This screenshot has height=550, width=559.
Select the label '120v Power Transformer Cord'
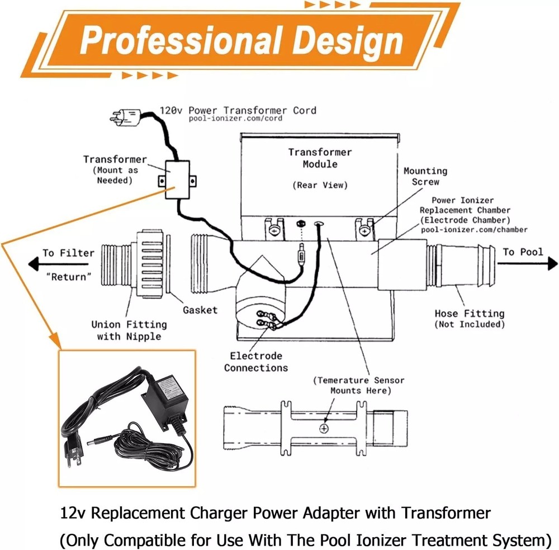pos(238,110)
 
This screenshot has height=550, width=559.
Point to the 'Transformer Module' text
pos(320,158)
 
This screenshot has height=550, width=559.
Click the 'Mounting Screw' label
pos(425,176)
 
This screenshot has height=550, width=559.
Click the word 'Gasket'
pos(200,310)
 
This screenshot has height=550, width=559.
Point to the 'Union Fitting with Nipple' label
pos(129,330)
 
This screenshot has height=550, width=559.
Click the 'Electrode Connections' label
pos(256,362)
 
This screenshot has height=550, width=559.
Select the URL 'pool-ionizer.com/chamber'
pos(473,229)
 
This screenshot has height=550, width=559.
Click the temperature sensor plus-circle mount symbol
pos(324,428)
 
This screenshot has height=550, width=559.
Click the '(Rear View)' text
pos(320,185)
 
